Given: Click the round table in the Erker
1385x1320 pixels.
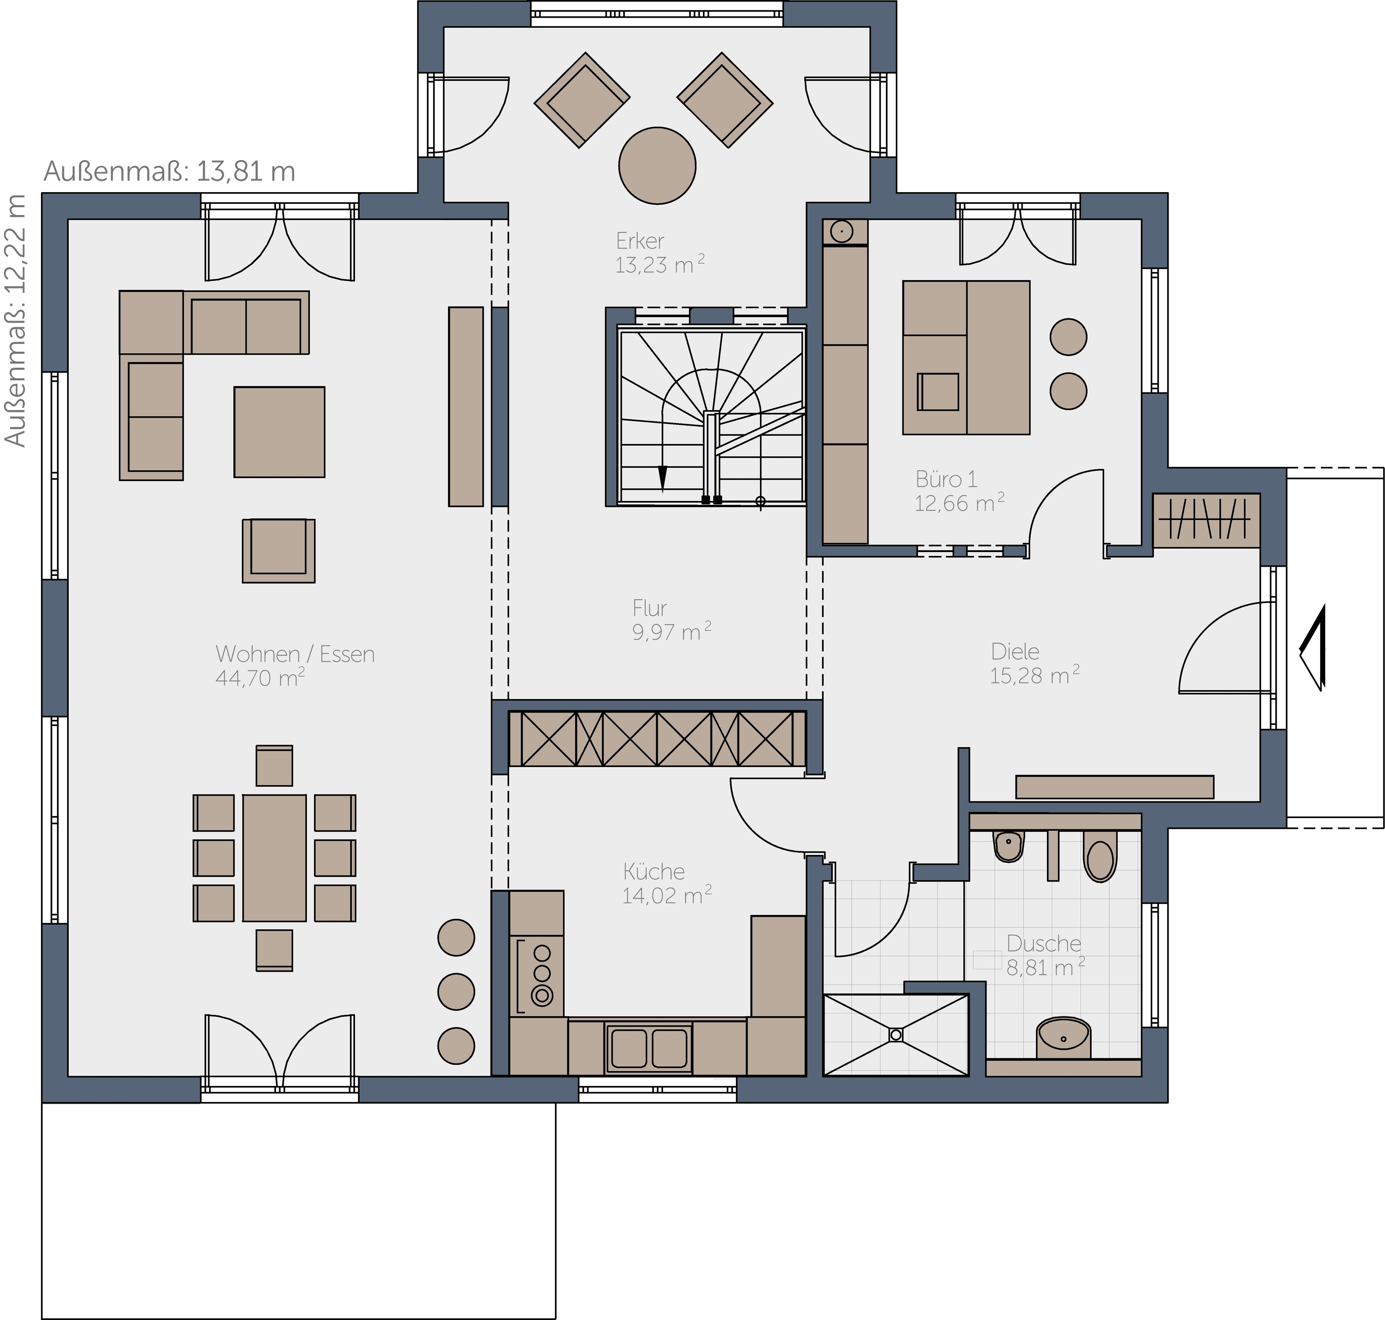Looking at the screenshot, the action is click(x=657, y=166).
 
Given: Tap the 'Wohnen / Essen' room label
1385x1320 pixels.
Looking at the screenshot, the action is click(x=295, y=654).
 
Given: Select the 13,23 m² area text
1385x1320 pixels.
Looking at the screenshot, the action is click(x=660, y=265).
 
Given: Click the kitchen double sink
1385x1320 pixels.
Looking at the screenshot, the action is click(x=649, y=1048).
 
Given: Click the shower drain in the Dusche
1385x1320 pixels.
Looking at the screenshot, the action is click(x=896, y=1035).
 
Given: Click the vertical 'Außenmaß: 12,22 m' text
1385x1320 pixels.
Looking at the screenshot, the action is click(x=16, y=320).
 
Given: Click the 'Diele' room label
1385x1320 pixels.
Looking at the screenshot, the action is click(x=1015, y=652).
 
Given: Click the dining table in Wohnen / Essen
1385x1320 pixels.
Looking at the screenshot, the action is click(x=274, y=858).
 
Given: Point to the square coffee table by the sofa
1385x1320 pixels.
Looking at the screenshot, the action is click(x=280, y=432).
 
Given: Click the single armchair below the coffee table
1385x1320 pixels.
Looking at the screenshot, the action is click(x=279, y=551).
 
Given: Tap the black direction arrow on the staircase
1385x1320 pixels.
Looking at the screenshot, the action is click(x=662, y=479).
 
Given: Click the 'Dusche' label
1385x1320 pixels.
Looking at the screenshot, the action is click(x=1044, y=944).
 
